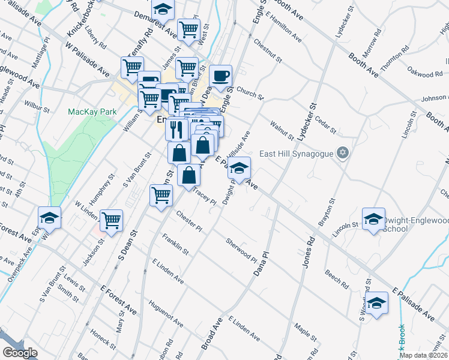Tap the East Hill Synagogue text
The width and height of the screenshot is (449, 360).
pos(297,154)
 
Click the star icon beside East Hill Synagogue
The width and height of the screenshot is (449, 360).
pos(343,153)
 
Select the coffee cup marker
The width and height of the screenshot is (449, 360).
pos(220,76)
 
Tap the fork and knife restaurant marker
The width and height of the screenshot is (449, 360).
pos(176,128)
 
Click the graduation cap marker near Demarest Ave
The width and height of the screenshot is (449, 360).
pos(163,9)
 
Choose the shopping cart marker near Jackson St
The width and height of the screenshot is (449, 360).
pos(112,220)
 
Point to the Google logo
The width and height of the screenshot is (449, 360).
pos(20,352)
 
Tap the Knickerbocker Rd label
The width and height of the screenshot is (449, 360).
pos(77,18)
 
